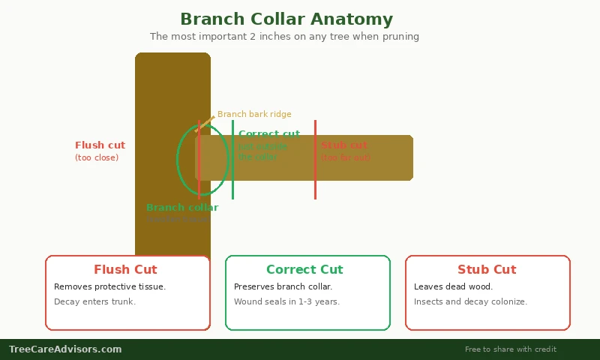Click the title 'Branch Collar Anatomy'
pos(286,19)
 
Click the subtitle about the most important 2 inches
pos(284,37)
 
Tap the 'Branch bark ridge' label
pos(254,115)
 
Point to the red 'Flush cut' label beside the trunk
pos(100,145)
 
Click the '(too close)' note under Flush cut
pos(97,158)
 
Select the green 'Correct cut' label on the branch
pos(268,134)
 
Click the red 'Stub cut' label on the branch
pos(344,145)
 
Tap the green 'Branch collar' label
pos(182,208)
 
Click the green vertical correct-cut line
pos(232,180)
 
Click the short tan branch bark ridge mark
pos(205,124)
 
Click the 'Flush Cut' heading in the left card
pos(125,270)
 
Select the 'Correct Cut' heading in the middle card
pos(304,270)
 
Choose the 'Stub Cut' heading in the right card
pos(487,270)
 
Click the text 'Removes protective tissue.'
pos(110,287)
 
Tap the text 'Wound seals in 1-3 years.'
pos(286,302)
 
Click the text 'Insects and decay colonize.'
pos(470,302)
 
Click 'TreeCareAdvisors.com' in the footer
pos(65,349)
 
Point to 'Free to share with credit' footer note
pos(510,349)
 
